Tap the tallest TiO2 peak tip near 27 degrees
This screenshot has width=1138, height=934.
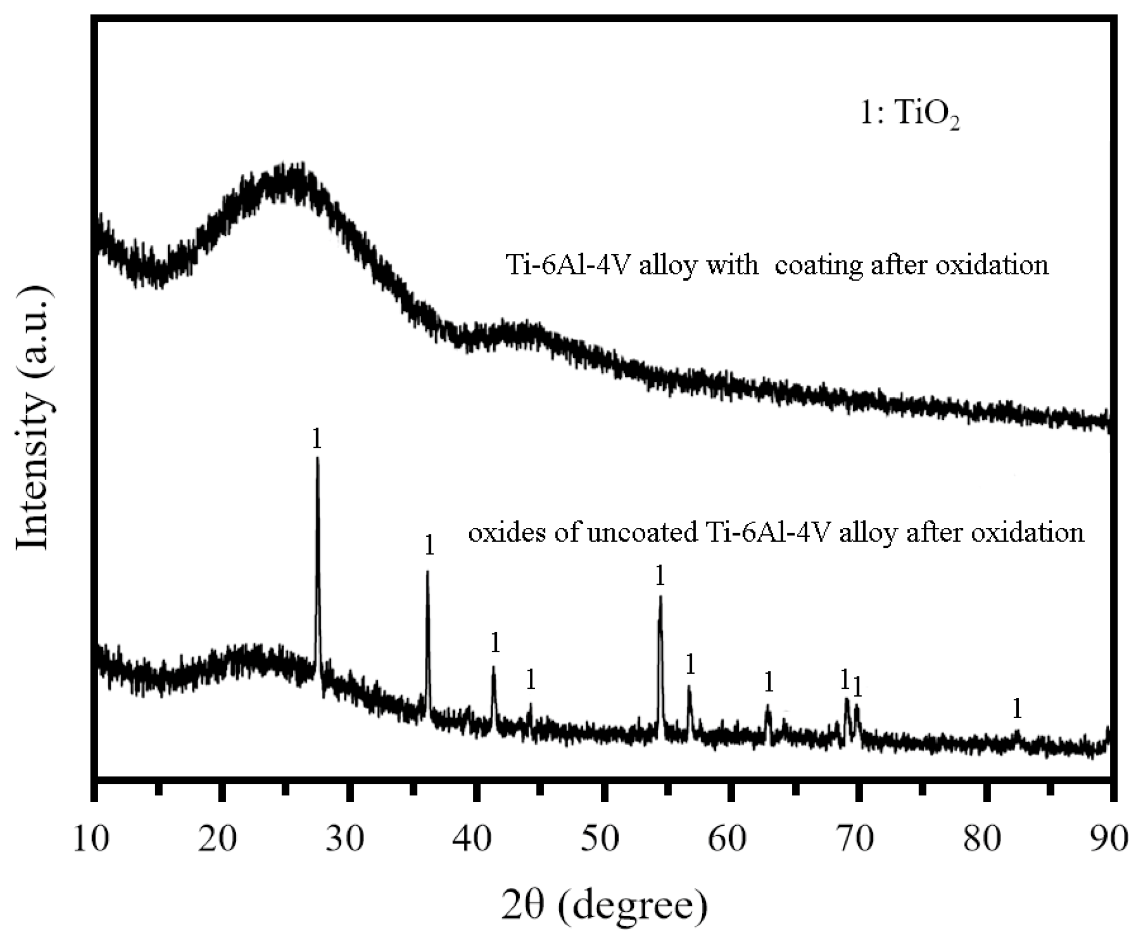(317, 458)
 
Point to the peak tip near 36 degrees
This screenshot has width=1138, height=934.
(427, 572)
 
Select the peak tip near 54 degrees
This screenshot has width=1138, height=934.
(660, 596)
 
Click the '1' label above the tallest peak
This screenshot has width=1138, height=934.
(317, 439)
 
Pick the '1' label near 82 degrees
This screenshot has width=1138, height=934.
(1016, 709)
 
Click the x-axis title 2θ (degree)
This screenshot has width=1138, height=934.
(604, 905)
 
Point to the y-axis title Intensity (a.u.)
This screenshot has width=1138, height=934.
(33, 418)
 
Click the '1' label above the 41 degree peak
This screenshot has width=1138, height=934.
(495, 642)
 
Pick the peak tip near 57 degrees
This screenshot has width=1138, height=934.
(689, 687)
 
